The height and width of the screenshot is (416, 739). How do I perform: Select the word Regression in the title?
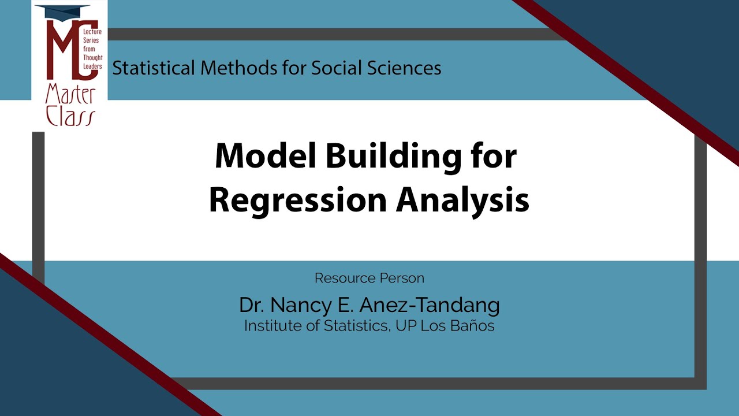(x=298, y=200)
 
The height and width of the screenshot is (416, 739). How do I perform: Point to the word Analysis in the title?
(x=462, y=200)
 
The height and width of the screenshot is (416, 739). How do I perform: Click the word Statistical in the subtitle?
(x=154, y=68)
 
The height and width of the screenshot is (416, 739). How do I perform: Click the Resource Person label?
(x=369, y=278)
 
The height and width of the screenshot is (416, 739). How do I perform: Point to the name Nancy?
(x=301, y=306)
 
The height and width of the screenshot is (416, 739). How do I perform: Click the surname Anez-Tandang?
(x=429, y=306)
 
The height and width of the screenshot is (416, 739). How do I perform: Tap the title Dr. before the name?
(x=252, y=305)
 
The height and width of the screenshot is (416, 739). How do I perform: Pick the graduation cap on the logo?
(x=63, y=11)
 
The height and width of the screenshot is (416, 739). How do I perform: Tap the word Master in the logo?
(x=70, y=94)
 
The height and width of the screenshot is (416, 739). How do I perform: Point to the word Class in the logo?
(x=70, y=116)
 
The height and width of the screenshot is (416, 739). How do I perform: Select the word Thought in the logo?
(x=93, y=58)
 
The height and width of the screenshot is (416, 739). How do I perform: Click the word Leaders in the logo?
(x=92, y=66)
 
